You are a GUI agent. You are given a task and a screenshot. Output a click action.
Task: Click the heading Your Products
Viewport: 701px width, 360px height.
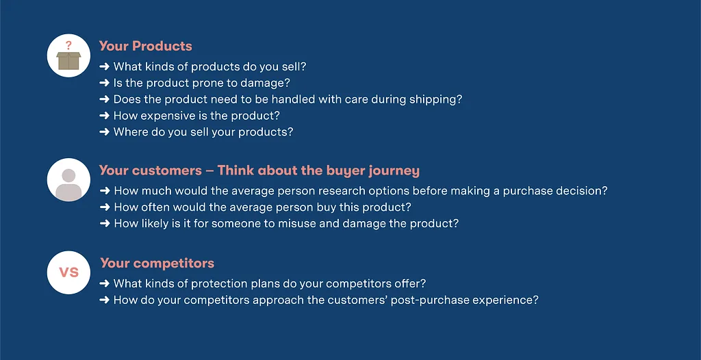pos(145,46)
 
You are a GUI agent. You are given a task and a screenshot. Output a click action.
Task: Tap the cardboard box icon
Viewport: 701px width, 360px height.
pos(68,61)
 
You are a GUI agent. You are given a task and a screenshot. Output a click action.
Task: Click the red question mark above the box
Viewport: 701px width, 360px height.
pos(68,45)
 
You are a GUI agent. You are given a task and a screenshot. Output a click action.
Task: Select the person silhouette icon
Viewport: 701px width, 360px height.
pos(68,184)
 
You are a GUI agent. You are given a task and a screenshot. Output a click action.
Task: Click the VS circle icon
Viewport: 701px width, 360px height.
pos(68,272)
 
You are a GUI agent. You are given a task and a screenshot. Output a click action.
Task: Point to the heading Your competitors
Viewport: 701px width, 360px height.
pos(157,263)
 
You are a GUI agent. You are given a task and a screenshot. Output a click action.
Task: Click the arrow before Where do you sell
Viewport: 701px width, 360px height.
pos(104,132)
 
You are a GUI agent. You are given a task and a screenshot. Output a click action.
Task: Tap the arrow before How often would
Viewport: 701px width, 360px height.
pos(104,207)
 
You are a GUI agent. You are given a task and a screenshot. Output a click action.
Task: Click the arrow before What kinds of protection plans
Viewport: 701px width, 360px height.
pos(104,283)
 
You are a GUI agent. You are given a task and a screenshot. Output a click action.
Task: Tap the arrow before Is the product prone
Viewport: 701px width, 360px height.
pos(104,83)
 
